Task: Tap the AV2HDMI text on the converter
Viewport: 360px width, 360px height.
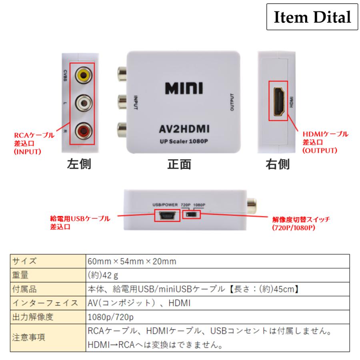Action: [x=184, y=130]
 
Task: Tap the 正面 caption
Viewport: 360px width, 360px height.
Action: [x=179, y=164]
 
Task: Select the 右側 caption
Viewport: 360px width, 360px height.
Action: [x=278, y=164]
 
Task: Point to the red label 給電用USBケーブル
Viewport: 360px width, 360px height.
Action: [x=80, y=218]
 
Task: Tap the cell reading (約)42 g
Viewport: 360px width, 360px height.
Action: [x=102, y=275]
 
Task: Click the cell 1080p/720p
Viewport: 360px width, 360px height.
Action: [x=110, y=318]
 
